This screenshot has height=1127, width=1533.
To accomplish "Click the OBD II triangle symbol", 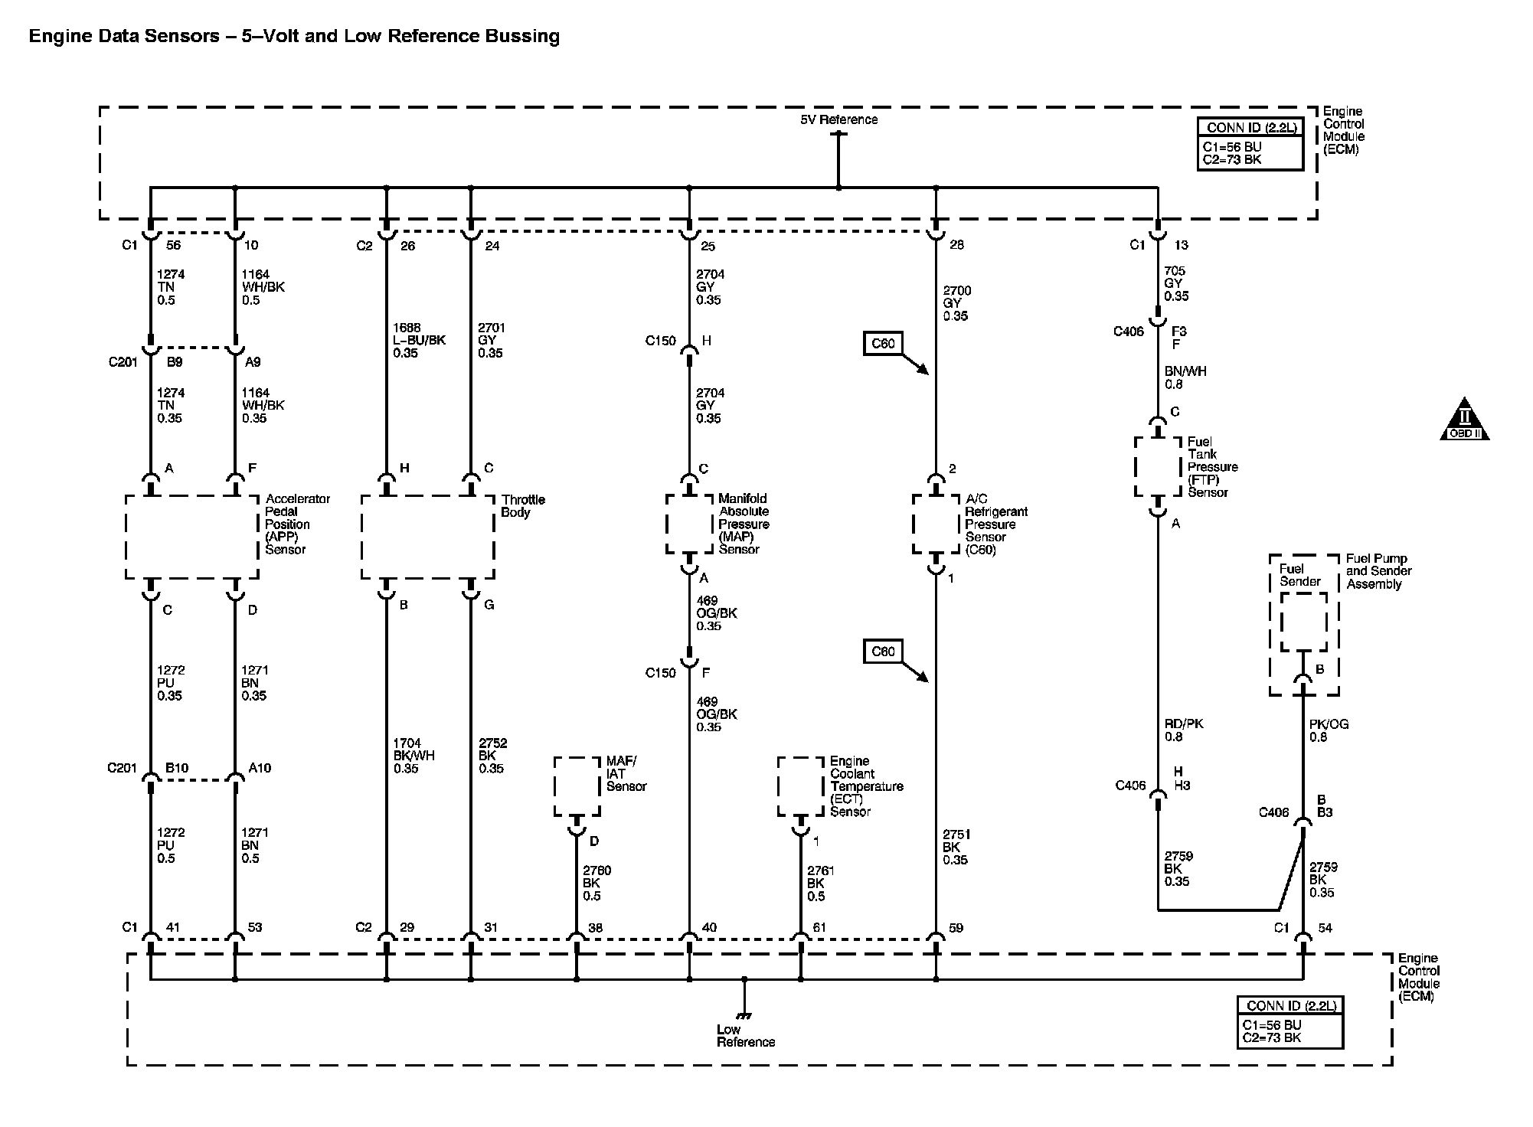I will (x=1464, y=420).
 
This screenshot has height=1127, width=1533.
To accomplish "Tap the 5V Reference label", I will (x=839, y=119).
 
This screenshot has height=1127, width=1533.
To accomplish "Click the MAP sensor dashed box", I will (x=689, y=524).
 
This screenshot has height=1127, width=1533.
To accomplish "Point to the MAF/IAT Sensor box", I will (x=577, y=786).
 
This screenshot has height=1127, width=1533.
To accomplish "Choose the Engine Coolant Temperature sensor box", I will (x=801, y=786).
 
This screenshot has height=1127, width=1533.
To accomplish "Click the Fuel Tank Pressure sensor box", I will (x=1157, y=466).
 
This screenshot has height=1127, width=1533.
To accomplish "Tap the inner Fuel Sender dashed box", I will (x=1303, y=622).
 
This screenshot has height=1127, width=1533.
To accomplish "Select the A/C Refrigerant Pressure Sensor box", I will (x=936, y=524).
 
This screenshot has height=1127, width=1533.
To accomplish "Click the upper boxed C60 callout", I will (x=883, y=344).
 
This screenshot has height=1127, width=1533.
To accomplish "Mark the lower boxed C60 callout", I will (x=883, y=652).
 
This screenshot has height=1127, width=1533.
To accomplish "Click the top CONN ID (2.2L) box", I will (x=1250, y=143).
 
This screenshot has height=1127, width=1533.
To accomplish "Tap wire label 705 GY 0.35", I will (x=1176, y=283).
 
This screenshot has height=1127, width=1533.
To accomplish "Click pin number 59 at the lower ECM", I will (x=956, y=928).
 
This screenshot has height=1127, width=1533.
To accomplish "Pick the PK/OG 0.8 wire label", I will (x=1329, y=730).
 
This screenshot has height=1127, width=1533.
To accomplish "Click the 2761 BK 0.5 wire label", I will (x=821, y=883).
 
